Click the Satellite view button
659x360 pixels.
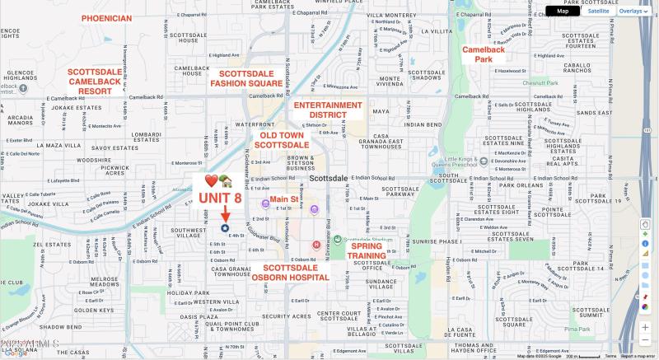click(x=598, y=11)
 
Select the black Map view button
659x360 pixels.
click(x=563, y=11)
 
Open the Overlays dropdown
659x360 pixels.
click(x=633, y=11)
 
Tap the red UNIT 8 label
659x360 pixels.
click(x=219, y=199)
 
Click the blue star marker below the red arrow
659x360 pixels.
click(x=225, y=228)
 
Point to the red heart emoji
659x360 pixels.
click(x=211, y=181)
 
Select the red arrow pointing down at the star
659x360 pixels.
click(x=225, y=213)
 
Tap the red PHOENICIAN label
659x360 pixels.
click(x=106, y=18)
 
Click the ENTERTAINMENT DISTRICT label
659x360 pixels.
click(x=328, y=110)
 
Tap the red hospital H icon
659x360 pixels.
click(x=316, y=245)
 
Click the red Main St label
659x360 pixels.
click(x=284, y=199)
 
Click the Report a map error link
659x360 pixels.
click(x=639, y=356)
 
